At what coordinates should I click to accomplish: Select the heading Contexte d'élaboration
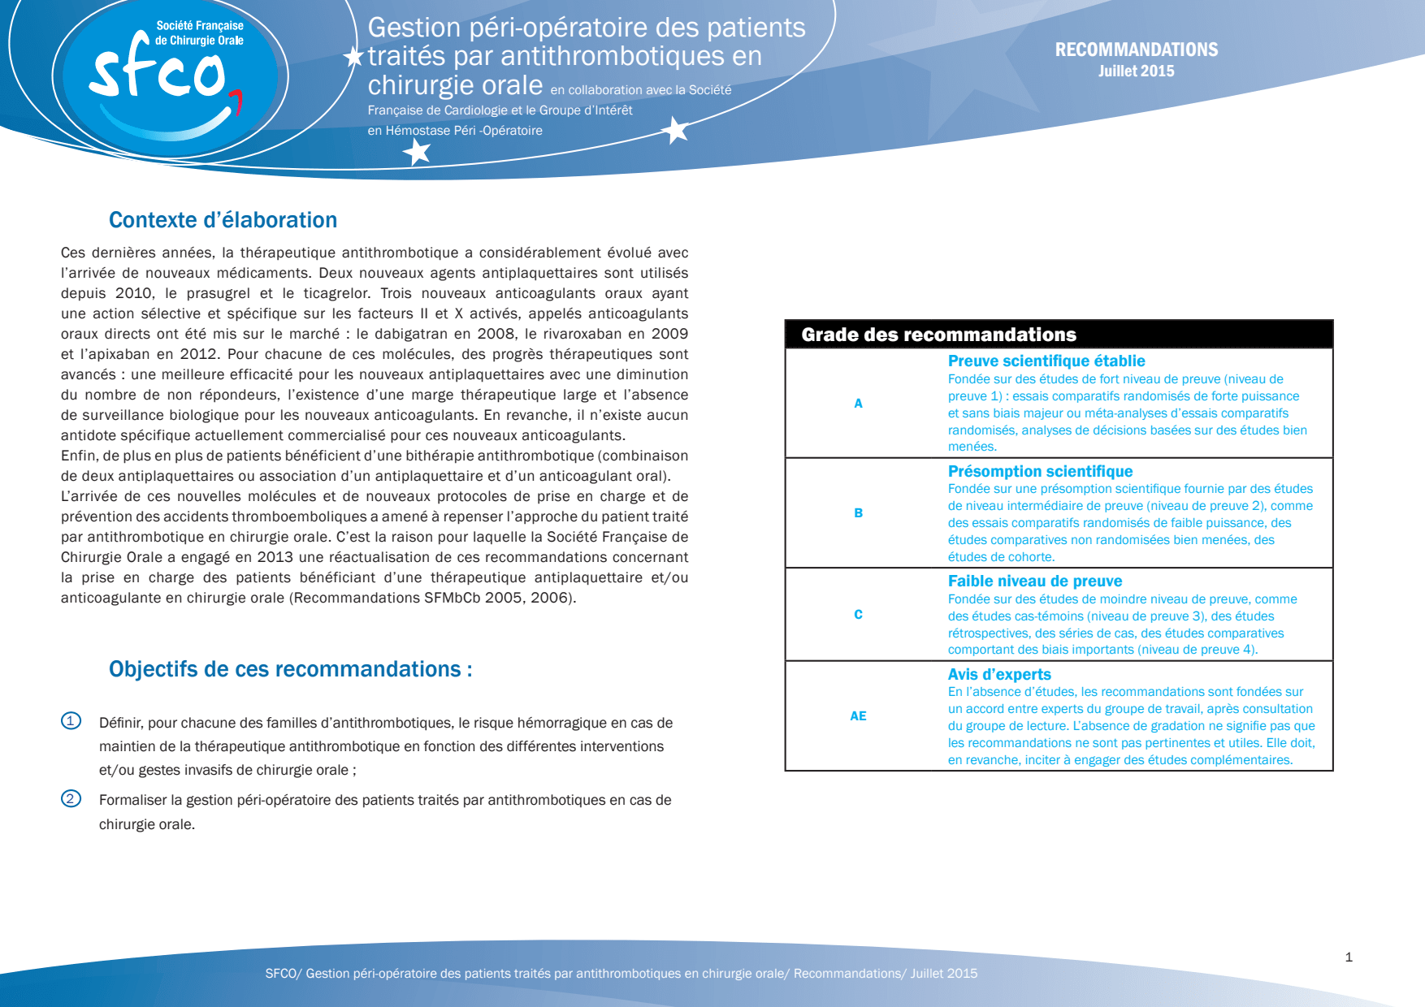223,220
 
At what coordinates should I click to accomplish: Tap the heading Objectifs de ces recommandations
290,669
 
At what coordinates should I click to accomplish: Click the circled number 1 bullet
71,721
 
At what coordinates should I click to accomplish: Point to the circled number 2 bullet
71,799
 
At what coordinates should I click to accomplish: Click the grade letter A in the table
858,404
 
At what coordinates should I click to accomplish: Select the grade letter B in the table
858,513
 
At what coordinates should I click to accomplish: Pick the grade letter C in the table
858,615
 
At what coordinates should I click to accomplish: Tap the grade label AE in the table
858,716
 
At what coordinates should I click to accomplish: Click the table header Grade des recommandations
938,335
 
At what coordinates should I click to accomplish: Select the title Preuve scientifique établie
1046,361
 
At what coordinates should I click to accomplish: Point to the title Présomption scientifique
1040,472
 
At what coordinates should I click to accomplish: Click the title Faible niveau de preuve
1035,581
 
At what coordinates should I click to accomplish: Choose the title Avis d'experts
999,675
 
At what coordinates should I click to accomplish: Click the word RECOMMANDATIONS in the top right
1136,50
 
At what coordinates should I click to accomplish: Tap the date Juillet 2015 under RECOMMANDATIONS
1136,71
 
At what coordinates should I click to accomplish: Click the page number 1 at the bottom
1349,957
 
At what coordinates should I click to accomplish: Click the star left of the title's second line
353,57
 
